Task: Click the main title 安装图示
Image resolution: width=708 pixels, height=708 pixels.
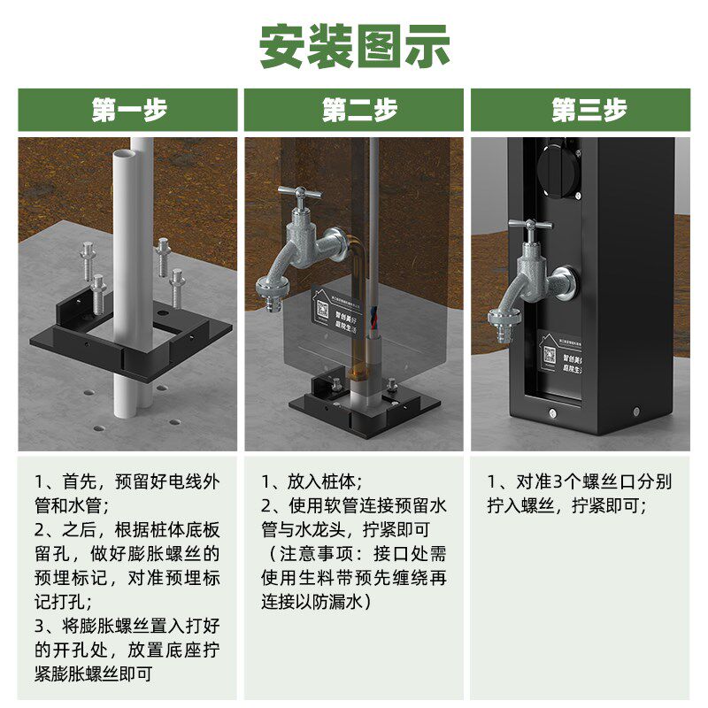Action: point(354,46)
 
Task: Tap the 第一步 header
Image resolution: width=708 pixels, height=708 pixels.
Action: point(128,111)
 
